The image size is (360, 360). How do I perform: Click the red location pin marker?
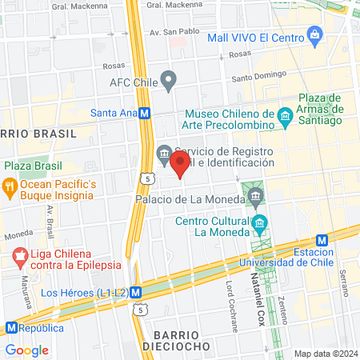point(179,165)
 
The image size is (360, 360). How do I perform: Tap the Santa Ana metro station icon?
point(144,114)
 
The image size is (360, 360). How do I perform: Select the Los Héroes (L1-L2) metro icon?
point(136,293)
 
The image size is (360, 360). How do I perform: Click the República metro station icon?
point(12,328)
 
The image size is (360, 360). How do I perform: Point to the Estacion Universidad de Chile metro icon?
point(322,240)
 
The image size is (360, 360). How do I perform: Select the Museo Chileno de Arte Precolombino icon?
point(285,120)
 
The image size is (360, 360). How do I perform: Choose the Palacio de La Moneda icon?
point(255,195)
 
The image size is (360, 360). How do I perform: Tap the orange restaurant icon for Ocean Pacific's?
point(10,190)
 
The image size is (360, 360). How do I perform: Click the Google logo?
point(26,350)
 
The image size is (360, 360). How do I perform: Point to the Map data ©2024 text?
point(324,354)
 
